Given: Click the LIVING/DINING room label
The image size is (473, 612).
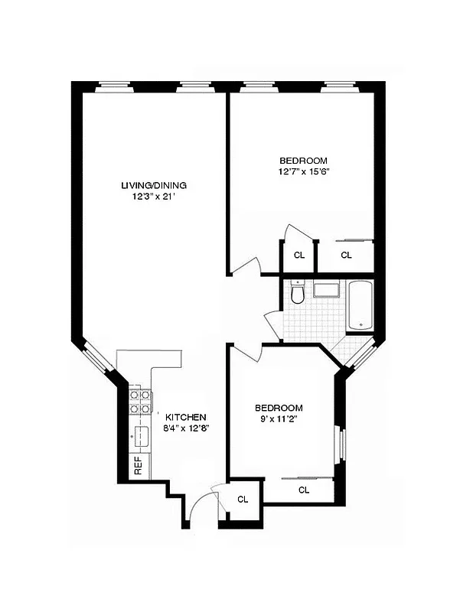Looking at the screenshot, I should coord(154,185).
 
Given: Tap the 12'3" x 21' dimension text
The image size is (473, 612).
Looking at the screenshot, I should coord(154,197).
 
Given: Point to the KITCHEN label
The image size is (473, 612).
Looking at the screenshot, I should coord(186,417).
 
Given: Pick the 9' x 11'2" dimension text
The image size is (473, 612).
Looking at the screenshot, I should coord(279,419).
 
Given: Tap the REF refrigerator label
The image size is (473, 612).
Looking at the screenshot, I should coord(139,466).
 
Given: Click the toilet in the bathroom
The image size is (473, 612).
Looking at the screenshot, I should coord(298,293).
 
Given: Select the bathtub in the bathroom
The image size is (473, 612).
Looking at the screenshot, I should coord(360,306).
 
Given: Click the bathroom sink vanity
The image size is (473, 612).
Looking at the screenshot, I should coord(327,290).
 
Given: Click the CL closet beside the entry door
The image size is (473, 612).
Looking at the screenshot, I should coord(243,500).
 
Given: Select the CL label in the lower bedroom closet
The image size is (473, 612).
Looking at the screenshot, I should coord(303,490).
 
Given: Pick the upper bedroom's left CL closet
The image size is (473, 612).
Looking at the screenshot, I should coord(298,255).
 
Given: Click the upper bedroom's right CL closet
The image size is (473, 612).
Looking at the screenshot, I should coord(346,255).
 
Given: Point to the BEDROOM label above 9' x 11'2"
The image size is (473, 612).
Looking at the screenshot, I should coord(279,408).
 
